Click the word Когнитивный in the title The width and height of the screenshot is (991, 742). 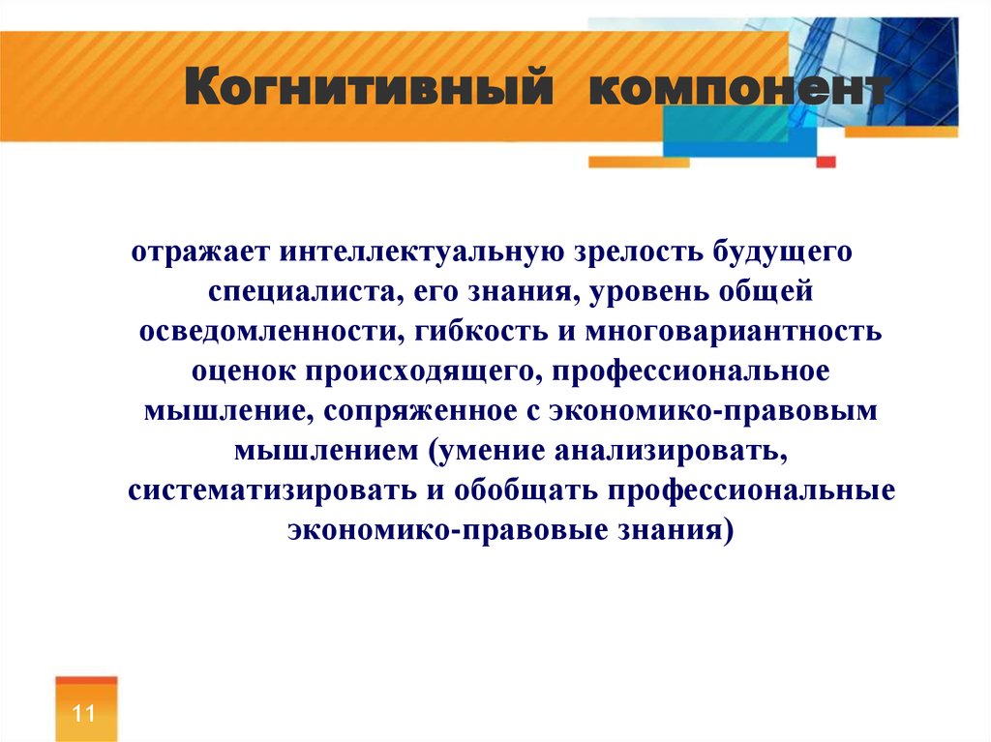(x=369, y=87)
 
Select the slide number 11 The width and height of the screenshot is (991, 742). (x=83, y=713)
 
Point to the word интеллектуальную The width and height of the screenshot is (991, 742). (x=422, y=252)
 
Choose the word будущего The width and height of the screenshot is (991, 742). (x=783, y=252)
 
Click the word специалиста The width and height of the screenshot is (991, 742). (x=307, y=292)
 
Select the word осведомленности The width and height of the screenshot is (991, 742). (x=271, y=331)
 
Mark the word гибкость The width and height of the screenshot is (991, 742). (x=481, y=331)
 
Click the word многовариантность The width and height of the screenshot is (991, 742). (x=734, y=332)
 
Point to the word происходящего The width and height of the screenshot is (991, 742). (x=424, y=371)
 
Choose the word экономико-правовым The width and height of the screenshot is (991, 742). (x=713, y=411)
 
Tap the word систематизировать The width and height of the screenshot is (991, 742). (x=272, y=491)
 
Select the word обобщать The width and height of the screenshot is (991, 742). (x=526, y=490)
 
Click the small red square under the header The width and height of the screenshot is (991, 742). (x=826, y=162)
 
